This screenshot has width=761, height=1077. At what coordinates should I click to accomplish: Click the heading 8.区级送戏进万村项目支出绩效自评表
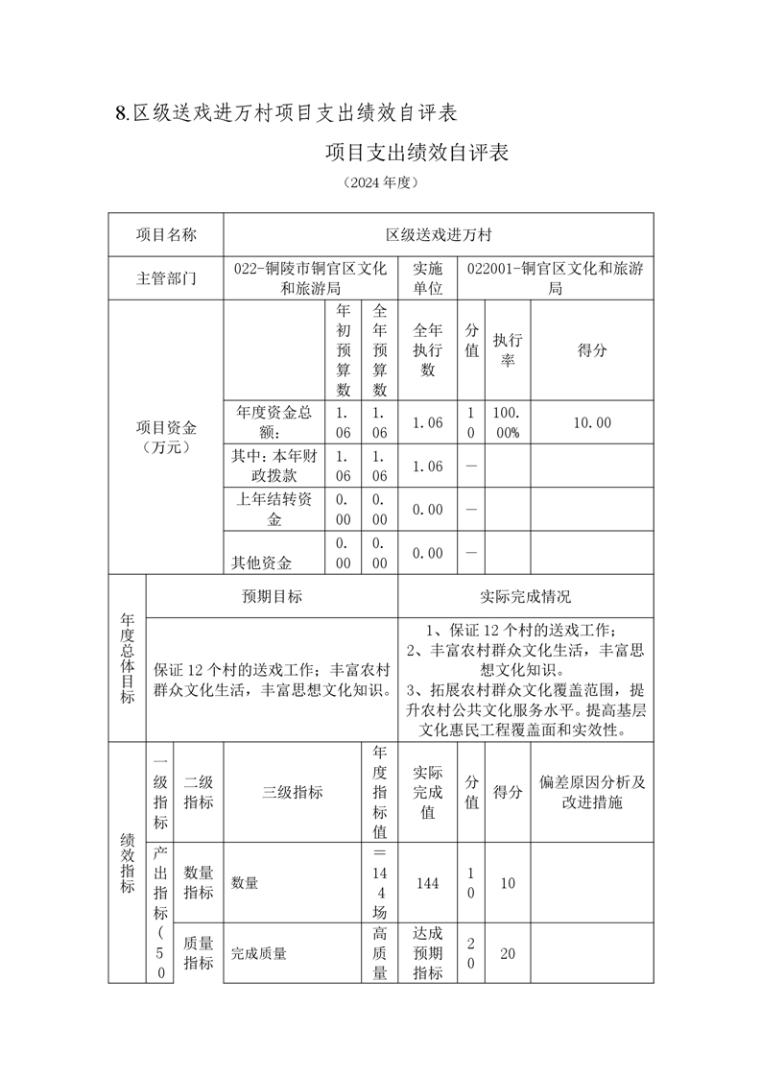(x=284, y=113)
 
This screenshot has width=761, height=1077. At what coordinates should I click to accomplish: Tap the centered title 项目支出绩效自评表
(x=416, y=153)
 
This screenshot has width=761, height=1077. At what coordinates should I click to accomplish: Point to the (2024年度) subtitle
(x=380, y=181)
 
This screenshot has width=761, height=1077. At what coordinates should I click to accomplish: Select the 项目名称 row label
(x=166, y=234)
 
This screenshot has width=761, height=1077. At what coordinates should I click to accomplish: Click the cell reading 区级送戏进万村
(x=439, y=234)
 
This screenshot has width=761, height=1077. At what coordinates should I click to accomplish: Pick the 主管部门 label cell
(x=166, y=278)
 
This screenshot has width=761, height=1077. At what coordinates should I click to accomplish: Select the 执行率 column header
(x=508, y=351)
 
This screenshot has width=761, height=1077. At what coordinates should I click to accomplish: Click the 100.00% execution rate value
(x=508, y=422)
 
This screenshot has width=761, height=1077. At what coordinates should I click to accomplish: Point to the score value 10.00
(x=592, y=422)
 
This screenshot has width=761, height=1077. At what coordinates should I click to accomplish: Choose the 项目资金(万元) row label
(x=166, y=438)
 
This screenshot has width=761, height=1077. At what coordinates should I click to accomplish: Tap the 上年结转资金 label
(x=274, y=510)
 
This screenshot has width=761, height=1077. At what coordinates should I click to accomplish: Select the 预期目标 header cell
(x=272, y=596)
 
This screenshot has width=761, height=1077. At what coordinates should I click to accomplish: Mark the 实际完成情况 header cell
(x=525, y=596)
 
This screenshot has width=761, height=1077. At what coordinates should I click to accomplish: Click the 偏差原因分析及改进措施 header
(x=592, y=792)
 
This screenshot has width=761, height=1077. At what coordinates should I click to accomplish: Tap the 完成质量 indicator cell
(x=259, y=953)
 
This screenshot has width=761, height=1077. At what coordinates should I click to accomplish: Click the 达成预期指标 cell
(x=427, y=953)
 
